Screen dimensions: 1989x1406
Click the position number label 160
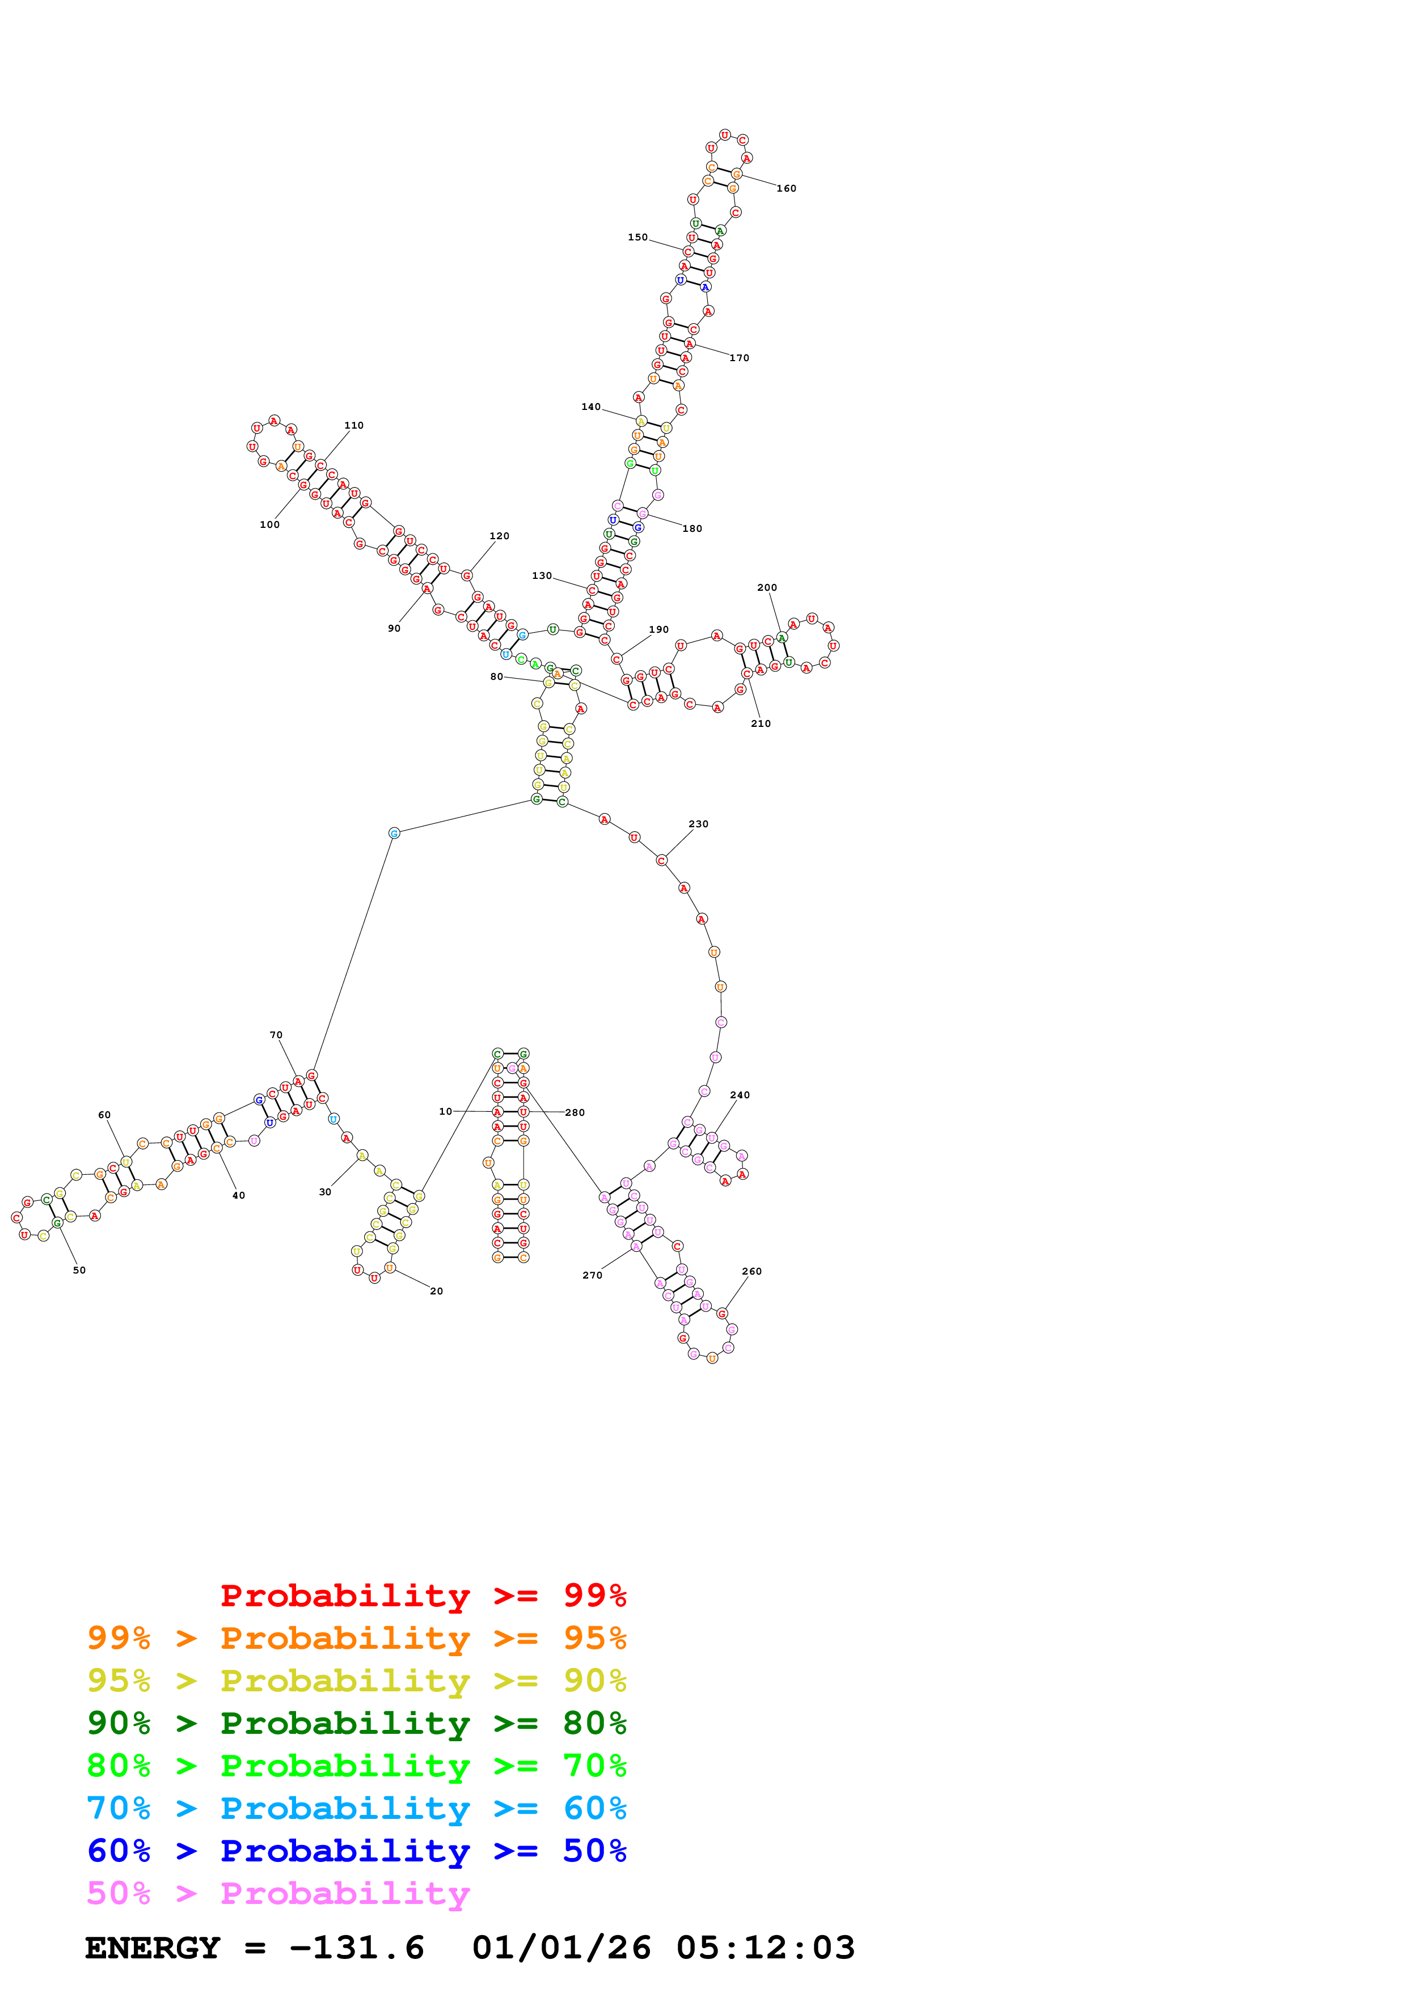[786, 189]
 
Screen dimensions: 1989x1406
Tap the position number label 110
[353, 425]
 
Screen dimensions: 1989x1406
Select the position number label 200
[767, 587]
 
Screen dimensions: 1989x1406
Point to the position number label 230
[698, 824]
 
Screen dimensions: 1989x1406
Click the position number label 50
[79, 1270]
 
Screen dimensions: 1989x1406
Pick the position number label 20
[437, 1291]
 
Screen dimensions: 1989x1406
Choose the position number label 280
[575, 1112]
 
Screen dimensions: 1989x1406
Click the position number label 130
[542, 575]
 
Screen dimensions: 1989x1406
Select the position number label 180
[692, 528]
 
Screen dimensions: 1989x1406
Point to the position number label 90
[394, 628]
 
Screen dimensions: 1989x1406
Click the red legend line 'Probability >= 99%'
[423, 1595]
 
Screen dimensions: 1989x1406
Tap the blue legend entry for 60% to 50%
[356, 1851]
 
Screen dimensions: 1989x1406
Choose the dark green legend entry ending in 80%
[356, 1723]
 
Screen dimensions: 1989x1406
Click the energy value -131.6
[356, 1948]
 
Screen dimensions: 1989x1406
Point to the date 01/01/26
[561, 1948]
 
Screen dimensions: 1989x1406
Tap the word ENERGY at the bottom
[153, 1948]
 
